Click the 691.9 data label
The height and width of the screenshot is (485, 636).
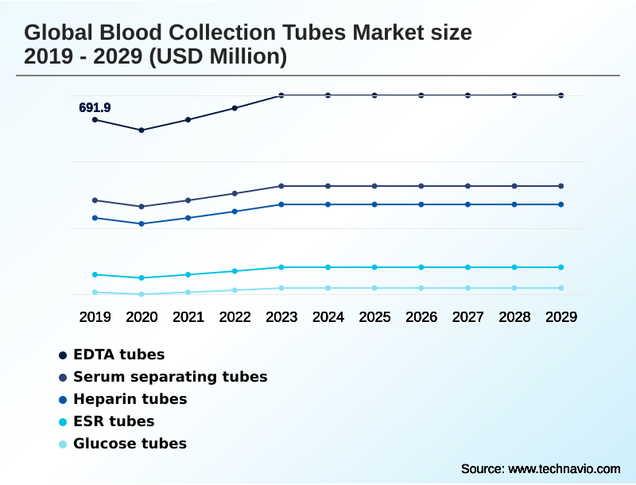pyautogui.click(x=95, y=107)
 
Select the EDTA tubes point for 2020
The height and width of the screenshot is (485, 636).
pyautogui.click(x=142, y=130)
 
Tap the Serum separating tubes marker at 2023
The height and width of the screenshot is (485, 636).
pyautogui.click(x=281, y=186)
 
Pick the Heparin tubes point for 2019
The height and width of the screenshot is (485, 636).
pyautogui.click(x=95, y=218)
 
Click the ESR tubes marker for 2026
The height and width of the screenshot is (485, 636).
pyautogui.click(x=421, y=267)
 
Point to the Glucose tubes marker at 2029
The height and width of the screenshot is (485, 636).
pyautogui.click(x=561, y=288)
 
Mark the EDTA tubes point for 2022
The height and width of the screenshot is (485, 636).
pyautogui.click(x=235, y=108)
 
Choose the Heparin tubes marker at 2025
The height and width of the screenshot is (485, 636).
pyautogui.click(x=374, y=204)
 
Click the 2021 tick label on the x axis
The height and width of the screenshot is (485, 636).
pyautogui.click(x=188, y=316)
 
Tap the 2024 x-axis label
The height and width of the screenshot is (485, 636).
pyautogui.click(x=328, y=316)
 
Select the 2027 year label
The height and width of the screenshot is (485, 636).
pyautogui.click(x=468, y=316)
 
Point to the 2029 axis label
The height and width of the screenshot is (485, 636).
pyautogui.click(x=561, y=316)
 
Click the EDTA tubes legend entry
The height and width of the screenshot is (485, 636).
pyautogui.click(x=118, y=355)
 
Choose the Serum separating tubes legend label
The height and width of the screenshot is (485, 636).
pyautogui.click(x=170, y=377)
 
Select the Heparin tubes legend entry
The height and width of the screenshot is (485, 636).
pyautogui.click(x=130, y=399)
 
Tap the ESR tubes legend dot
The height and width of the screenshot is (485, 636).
pyautogui.click(x=63, y=421)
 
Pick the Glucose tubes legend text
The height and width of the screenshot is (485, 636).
pyautogui.click(x=130, y=444)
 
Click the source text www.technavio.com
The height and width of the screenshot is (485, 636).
pyautogui.click(x=564, y=468)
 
